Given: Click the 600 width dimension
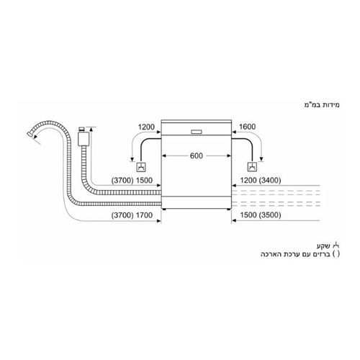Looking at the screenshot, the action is pos(197,156).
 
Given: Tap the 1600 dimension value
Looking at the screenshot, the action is pos(248,127).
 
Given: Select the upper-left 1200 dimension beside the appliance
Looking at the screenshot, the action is pos(146,127).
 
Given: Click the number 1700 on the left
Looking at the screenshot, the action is pos(144,215).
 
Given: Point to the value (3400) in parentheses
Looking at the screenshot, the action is pos(270,180).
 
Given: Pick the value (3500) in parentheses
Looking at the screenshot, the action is pos(270,215).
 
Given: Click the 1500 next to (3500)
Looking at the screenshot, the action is pos(248,215).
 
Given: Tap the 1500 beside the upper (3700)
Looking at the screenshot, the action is pos(144,180).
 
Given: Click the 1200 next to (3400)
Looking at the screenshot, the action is pos(248,180).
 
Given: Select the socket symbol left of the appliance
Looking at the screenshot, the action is pos(141,167).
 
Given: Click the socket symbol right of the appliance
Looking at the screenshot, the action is pos(252,166).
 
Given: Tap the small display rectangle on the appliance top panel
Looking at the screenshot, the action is pos(197,132).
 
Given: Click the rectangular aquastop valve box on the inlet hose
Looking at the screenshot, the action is pos(84,139).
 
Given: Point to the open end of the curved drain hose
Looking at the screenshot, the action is pos(30,134).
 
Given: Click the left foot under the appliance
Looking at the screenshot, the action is pos(164,210).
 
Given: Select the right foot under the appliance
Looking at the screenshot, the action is pos(229,210).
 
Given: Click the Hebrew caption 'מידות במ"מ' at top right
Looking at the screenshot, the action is pos(322,105).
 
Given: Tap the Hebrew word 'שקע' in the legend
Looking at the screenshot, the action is pos(323,246).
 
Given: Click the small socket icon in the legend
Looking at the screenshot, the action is pos(336,246).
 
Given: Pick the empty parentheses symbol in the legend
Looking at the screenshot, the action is pos(336,254).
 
